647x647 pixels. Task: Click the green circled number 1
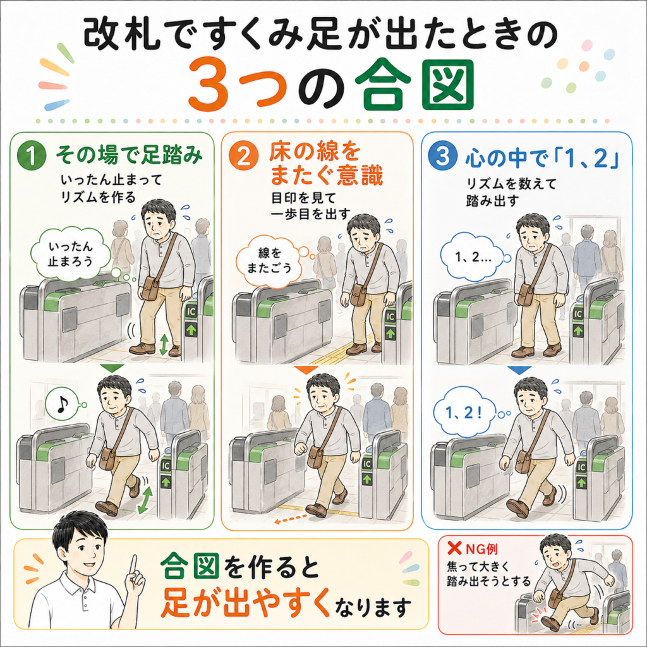[x=32, y=155]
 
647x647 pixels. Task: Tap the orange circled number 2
[x=244, y=157]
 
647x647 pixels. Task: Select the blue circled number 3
[x=443, y=157]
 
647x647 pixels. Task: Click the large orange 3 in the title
[x=209, y=85]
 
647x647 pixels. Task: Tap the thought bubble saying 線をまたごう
[x=269, y=260]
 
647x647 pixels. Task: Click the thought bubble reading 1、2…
[x=473, y=257]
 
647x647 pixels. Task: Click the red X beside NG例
[x=454, y=548]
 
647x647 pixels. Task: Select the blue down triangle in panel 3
[x=519, y=370]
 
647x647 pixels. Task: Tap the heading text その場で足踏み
[x=129, y=155]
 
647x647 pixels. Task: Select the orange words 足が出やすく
[x=245, y=602]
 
